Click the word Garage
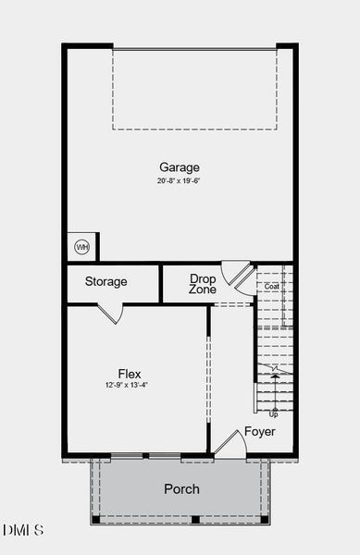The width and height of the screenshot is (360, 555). (x=180, y=167)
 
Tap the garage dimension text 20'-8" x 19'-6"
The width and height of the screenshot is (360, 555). (x=180, y=180)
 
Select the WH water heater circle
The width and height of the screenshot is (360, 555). (x=81, y=247)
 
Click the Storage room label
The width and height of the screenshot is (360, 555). (x=106, y=281)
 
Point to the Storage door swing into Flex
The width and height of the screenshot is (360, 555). (x=111, y=314)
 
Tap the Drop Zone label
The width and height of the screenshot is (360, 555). (x=203, y=284)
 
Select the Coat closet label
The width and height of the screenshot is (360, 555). (x=271, y=287)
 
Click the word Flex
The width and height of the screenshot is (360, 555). (x=130, y=374)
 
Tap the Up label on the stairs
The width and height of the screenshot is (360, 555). (x=273, y=413)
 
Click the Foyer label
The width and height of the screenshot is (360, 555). (x=259, y=432)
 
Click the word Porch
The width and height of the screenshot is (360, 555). (x=181, y=488)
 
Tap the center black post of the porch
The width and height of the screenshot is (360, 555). (x=195, y=519)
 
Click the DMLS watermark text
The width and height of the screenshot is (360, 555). (x=23, y=530)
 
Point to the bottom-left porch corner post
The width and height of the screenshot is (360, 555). (x=95, y=519)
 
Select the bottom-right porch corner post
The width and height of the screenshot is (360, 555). (x=265, y=519)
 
